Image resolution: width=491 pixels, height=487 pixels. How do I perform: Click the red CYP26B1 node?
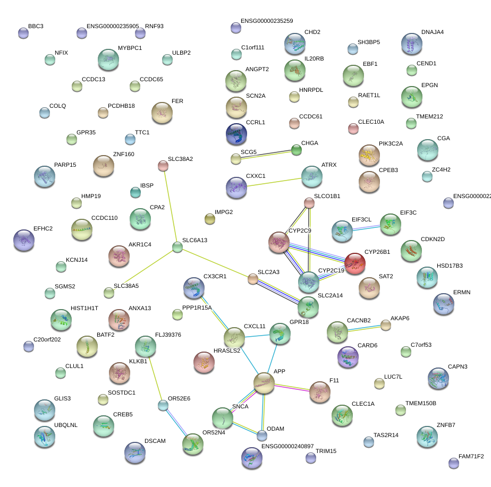coord(355,262)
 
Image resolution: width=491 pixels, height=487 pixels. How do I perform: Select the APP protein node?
coord(264,382)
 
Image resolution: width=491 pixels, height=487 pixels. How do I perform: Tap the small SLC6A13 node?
coord(177,246)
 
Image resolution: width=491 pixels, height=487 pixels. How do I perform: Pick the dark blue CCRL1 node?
coord(236,134)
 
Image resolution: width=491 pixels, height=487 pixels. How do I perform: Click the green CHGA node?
coord(297,150)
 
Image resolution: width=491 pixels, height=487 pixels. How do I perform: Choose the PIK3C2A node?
coord(369,155)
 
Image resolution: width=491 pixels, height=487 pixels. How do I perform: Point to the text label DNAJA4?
coord(432,32)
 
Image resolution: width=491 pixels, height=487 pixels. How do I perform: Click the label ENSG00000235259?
coord(267,21)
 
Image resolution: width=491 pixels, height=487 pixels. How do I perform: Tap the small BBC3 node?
coord(23,33)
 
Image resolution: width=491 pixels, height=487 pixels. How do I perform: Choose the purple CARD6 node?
coord(348,356)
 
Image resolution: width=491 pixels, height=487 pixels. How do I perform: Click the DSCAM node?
coord(134,452)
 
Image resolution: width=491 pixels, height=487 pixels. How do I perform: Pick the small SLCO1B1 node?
coord(309,202)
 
